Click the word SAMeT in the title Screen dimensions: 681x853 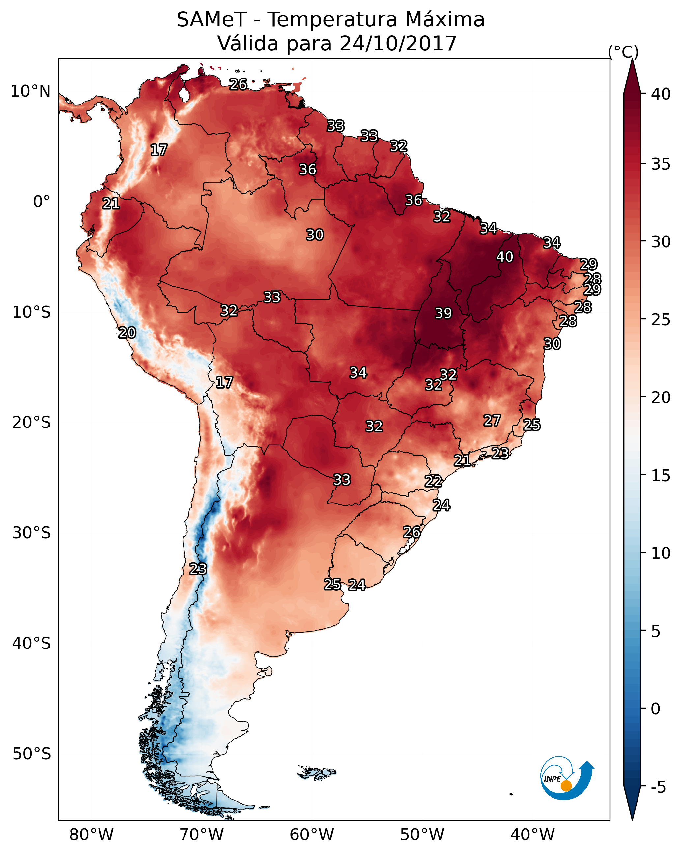tap(212, 19)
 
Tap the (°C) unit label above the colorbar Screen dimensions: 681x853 tap(623, 52)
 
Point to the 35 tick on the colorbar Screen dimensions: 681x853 tap(661, 164)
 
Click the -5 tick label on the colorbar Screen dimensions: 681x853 tap(658, 787)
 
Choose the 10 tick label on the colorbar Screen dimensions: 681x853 tap(661, 553)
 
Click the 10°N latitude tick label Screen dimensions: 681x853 tap(30, 91)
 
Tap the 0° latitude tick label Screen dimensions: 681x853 tap(42, 202)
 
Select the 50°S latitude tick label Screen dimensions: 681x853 tap(32, 754)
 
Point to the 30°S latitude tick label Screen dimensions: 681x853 tap(32, 533)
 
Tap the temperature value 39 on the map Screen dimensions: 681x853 tap(443, 313)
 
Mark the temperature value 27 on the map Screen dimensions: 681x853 tap(492, 421)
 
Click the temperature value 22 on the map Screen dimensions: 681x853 tap(433, 482)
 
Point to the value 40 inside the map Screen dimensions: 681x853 tap(505, 257)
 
